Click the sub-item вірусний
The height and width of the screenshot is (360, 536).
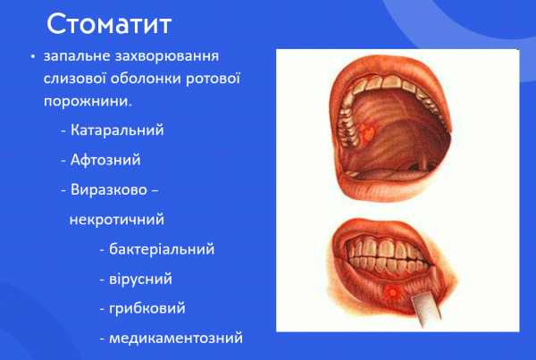[x=140, y=279]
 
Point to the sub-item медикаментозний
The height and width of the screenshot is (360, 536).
[x=175, y=339]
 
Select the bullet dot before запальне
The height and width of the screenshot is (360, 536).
[x=33, y=57]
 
